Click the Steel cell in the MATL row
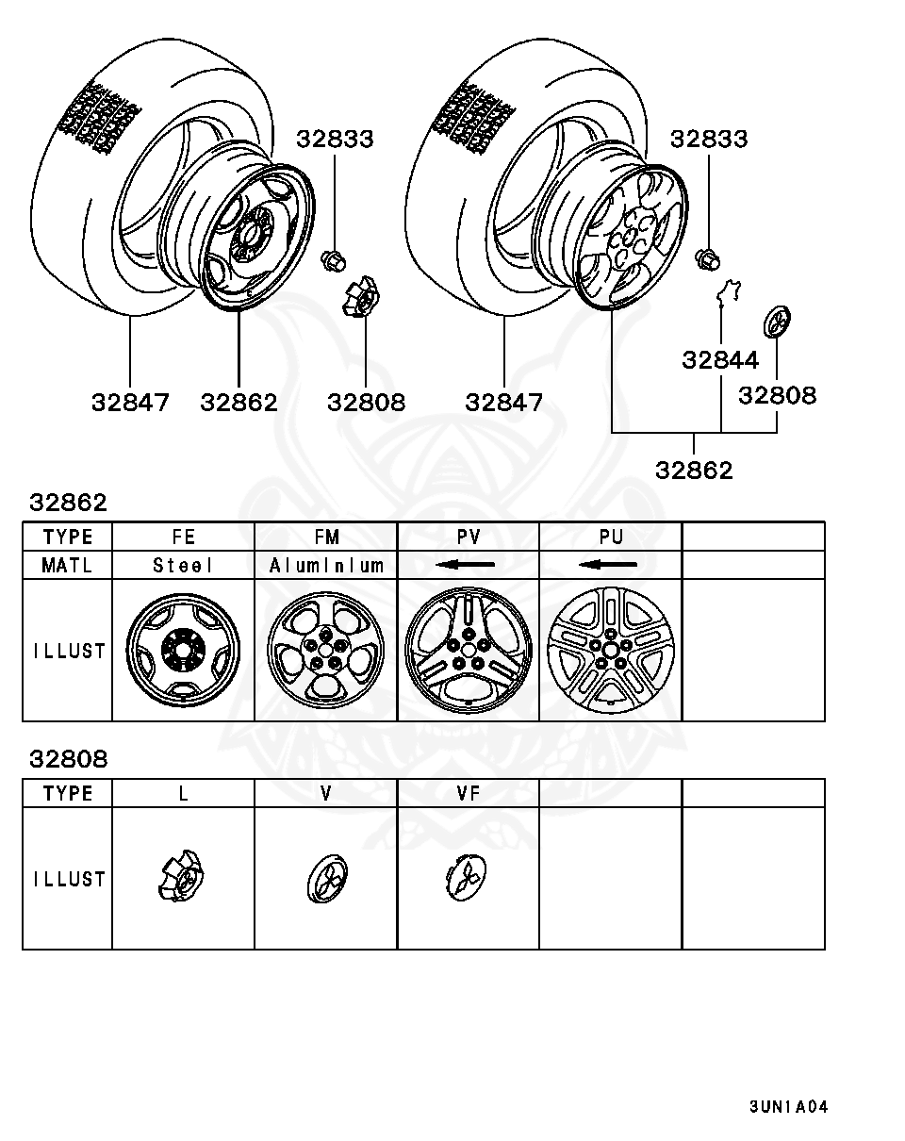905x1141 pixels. pyautogui.click(x=183, y=565)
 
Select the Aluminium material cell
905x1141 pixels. pyautogui.click(x=326, y=565)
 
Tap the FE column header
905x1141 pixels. pyautogui.click(x=183, y=537)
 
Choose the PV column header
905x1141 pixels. pyautogui.click(x=469, y=537)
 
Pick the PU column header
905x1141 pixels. pyautogui.click(x=611, y=537)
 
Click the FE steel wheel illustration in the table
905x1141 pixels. pyautogui.click(x=183, y=651)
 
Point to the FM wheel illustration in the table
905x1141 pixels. pyautogui.click(x=326, y=651)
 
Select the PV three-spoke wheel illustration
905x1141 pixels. pyautogui.click(x=469, y=651)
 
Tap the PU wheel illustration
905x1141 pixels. pyautogui.click(x=611, y=651)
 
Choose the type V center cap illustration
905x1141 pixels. pyautogui.click(x=326, y=879)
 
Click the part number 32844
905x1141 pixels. pyautogui.click(x=720, y=360)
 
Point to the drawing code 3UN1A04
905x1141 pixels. pyautogui.click(x=788, y=1107)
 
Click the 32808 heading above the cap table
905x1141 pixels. pyautogui.click(x=68, y=759)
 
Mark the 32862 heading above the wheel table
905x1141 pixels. pyautogui.click(x=68, y=503)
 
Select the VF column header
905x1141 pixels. pyautogui.click(x=469, y=793)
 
